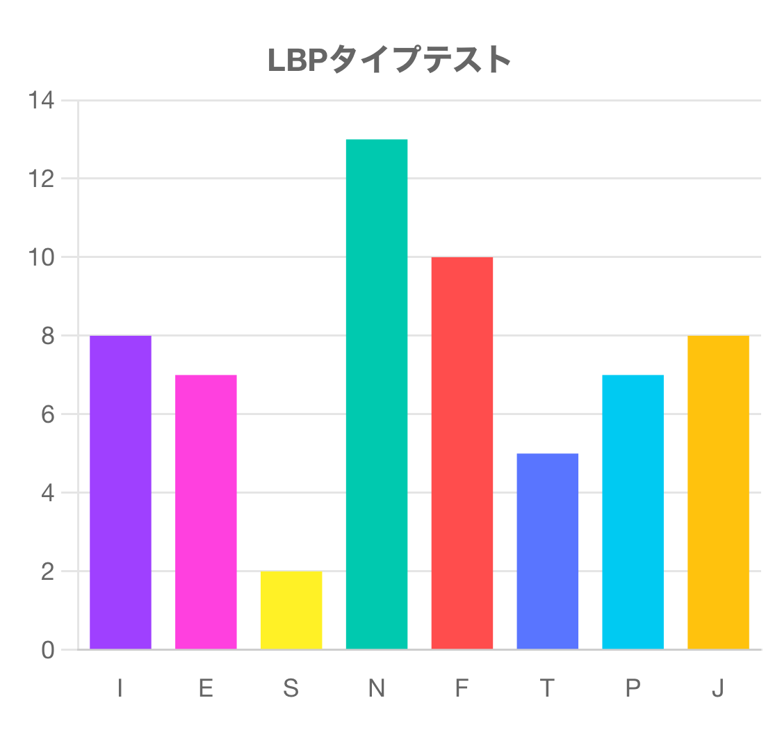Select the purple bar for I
120,492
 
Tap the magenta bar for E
206,512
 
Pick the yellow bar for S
291,610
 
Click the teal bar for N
377,394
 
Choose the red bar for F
462,453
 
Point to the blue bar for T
548,551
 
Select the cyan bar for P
633,512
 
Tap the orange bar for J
718,492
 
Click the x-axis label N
377,688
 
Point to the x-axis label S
291,688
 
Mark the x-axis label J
718,688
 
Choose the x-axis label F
462,688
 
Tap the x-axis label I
120,688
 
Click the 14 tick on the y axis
41,101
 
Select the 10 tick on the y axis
41,258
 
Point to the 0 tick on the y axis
47,650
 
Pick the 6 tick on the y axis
47,415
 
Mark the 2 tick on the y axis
47,571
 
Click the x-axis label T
548,688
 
